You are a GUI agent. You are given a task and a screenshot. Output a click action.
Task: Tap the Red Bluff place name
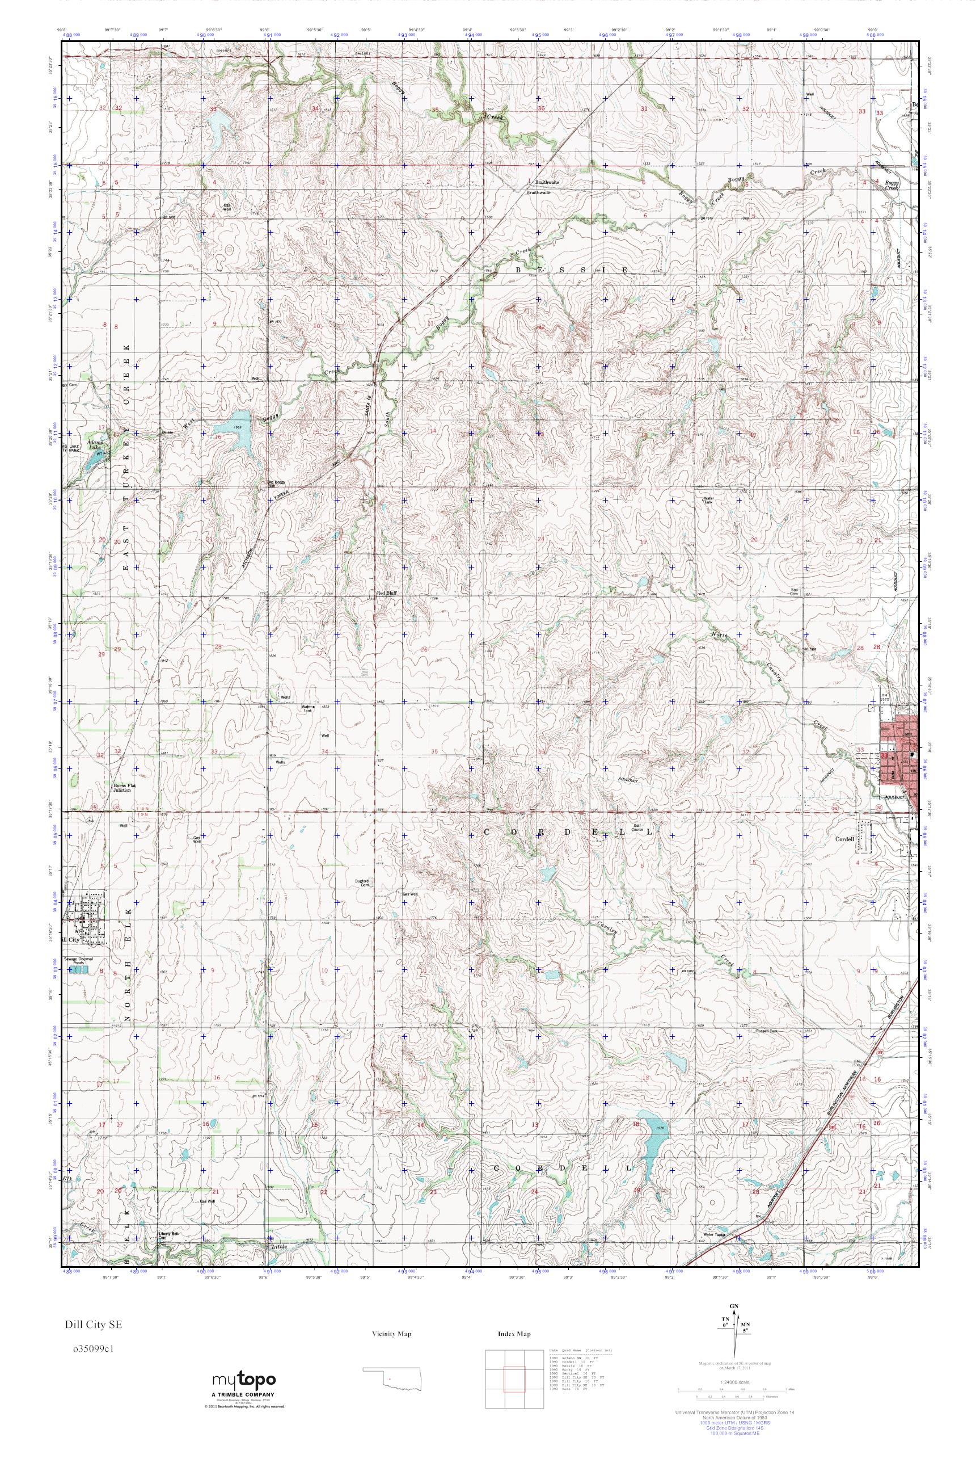(x=385, y=592)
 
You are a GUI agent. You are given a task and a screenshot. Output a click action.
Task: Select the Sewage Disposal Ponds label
(x=78, y=961)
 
